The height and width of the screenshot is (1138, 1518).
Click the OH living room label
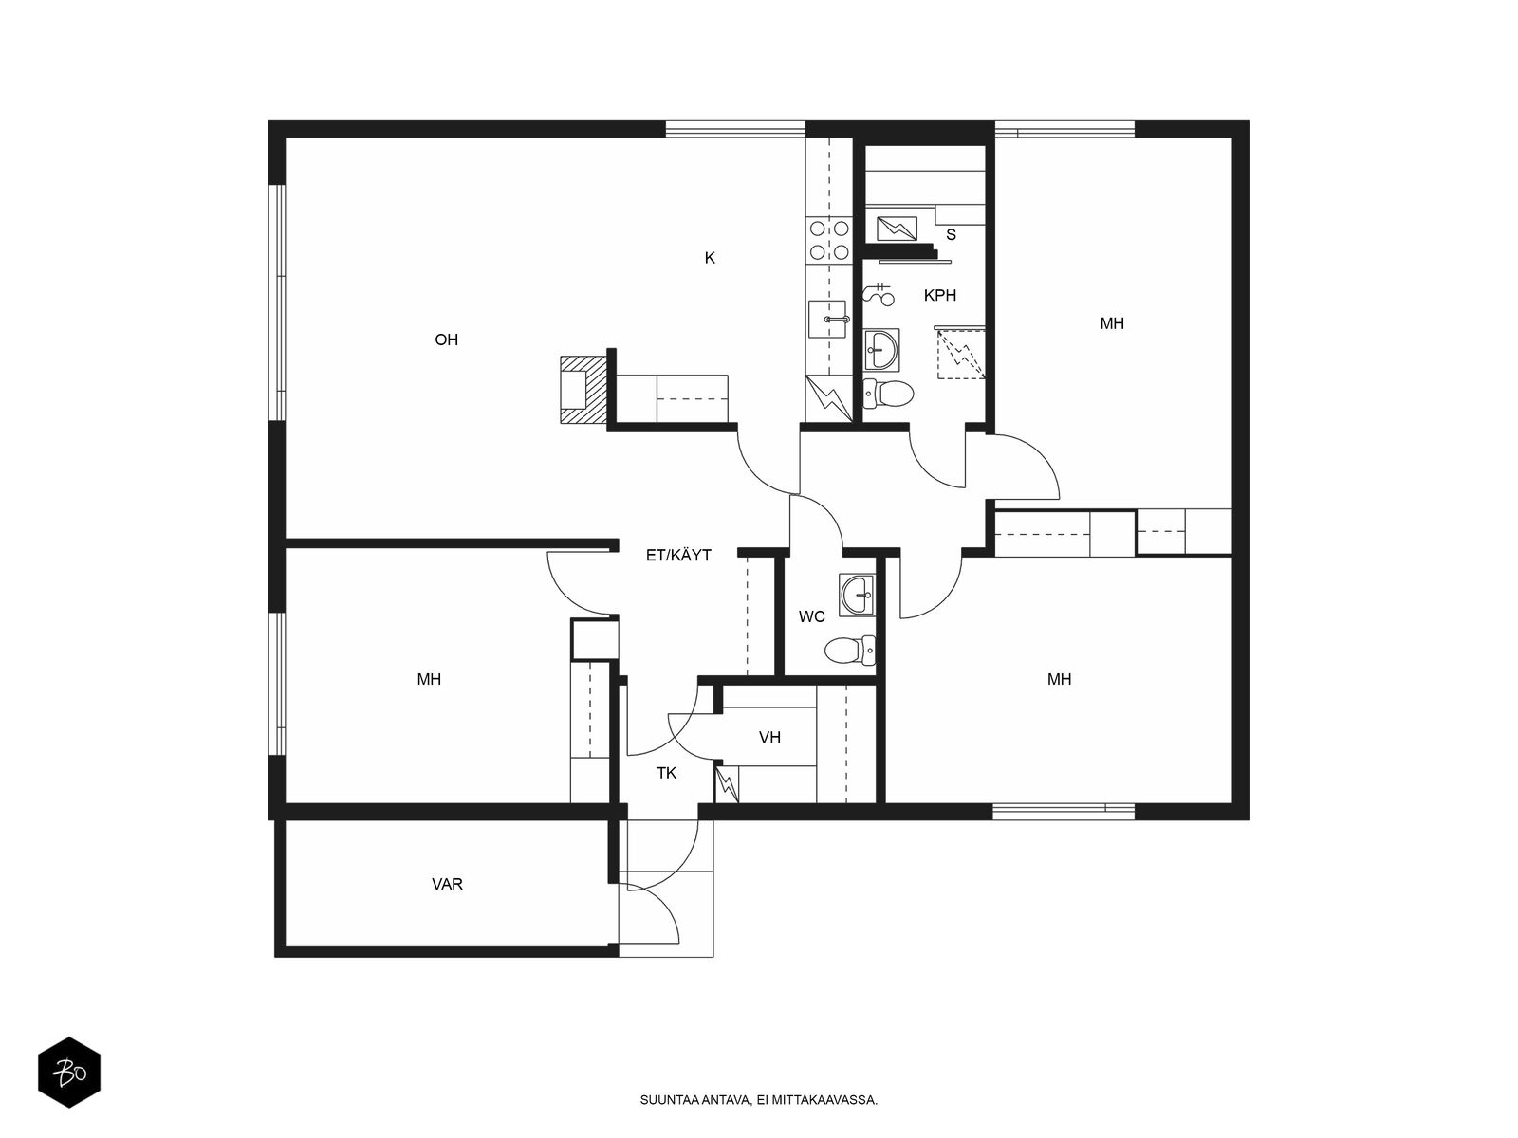click(446, 340)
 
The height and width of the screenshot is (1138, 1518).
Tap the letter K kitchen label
click(710, 258)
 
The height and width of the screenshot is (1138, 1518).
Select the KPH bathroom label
click(940, 295)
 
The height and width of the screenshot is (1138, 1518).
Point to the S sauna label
click(951, 235)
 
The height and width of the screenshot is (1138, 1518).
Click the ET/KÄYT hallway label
click(678, 555)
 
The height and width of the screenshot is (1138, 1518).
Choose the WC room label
click(811, 616)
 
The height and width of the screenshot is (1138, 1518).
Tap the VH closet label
click(769, 737)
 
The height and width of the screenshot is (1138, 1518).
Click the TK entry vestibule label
click(666, 773)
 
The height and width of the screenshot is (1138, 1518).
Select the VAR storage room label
click(447, 884)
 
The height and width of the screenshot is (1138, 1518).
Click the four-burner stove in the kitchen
click(829, 240)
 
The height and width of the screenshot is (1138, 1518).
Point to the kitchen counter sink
click(828, 319)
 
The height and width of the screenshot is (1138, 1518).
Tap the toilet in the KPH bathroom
click(888, 394)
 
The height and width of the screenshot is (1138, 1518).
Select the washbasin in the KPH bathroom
click(881, 350)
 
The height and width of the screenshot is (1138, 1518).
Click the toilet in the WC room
click(850, 651)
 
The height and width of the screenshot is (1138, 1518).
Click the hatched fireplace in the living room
click(583, 389)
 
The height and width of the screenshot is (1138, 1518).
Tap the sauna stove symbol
click(897, 228)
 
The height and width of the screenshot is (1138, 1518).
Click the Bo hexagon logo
click(69, 1073)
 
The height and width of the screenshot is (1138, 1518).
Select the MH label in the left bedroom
click(429, 679)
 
